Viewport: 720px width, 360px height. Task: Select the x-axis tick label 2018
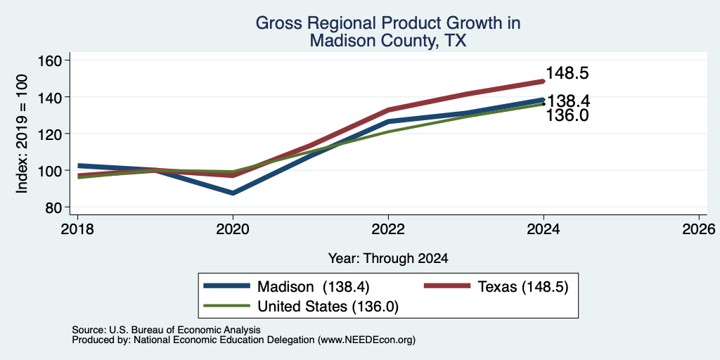(77, 229)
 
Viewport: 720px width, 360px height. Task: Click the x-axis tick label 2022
(388, 229)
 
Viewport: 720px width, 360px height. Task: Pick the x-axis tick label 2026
(699, 229)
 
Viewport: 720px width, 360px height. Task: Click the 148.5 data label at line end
(567, 73)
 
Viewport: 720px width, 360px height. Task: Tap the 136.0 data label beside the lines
(567, 116)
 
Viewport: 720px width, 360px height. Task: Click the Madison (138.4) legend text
(314, 287)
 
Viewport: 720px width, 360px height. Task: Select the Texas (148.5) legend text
(523, 287)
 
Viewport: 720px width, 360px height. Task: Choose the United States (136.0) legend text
(328, 307)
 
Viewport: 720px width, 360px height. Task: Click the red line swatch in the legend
(446, 286)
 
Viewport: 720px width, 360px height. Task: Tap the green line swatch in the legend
(227, 306)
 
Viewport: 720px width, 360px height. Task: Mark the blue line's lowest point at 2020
(233, 193)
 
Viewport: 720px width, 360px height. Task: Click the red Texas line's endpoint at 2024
(544, 82)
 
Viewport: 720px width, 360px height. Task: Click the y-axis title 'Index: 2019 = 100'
(22, 134)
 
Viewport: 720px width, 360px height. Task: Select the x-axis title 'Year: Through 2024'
(388, 259)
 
